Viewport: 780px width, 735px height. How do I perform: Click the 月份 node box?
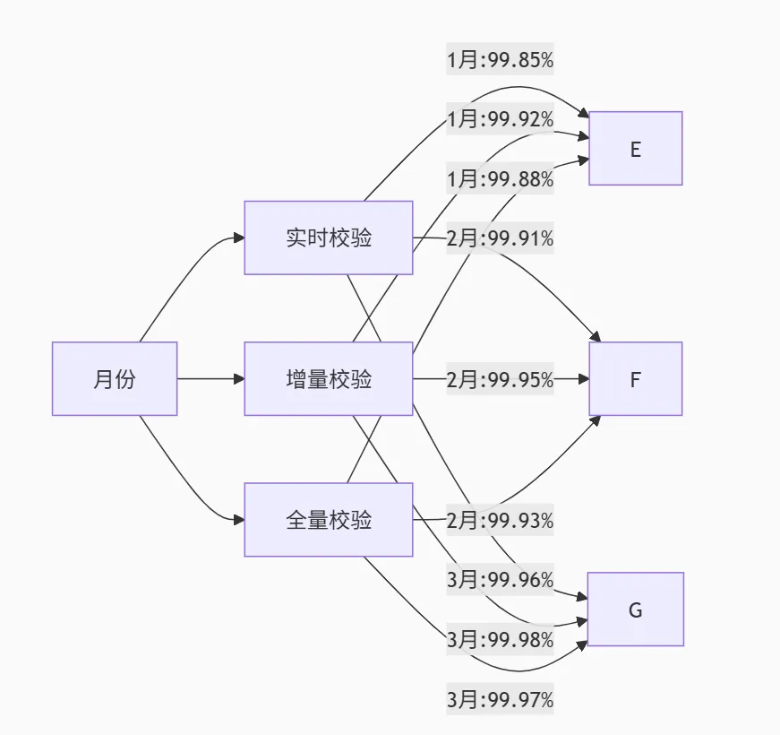pos(114,378)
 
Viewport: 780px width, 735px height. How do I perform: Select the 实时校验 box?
pos(328,238)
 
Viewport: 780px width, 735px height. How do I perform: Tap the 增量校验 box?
pos(328,378)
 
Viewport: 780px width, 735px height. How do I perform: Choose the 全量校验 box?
pos(328,520)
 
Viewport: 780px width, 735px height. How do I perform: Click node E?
pos(635,149)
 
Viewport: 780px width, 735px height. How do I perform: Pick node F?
pos(635,378)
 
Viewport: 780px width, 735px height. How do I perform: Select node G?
pos(635,610)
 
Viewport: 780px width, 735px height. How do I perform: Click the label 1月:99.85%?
pos(500,60)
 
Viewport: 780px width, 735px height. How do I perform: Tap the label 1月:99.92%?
pos(500,119)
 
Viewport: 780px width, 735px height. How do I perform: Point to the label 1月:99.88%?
pos(500,179)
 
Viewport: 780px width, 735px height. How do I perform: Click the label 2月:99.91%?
pos(500,238)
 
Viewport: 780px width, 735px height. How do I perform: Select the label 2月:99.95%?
pos(500,379)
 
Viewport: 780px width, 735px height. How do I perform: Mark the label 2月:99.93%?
pos(500,520)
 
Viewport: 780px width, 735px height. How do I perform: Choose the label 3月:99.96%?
pos(500,579)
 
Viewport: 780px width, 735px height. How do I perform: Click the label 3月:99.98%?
pos(500,639)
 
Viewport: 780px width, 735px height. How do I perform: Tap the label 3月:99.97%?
pos(500,698)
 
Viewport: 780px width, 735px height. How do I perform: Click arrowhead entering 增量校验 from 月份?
pos(238,378)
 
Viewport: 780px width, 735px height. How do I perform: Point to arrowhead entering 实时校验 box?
pos(238,238)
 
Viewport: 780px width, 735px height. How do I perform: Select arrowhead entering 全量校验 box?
pos(238,520)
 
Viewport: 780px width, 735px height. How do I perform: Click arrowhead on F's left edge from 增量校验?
pos(583,379)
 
